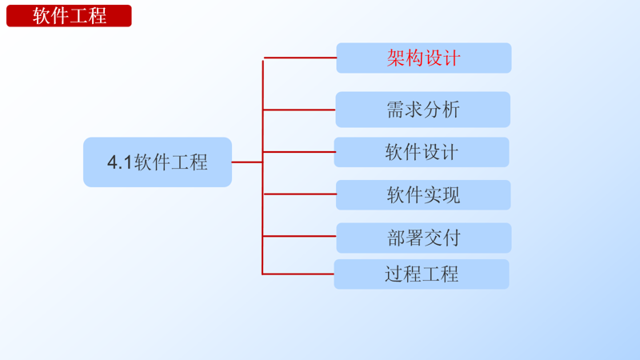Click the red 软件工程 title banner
[69, 15]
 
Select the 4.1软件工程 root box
[158, 162]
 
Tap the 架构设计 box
[423, 58]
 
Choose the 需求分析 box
[422, 110]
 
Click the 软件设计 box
[422, 152]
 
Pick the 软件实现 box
[423, 195]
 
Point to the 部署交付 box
[423, 238]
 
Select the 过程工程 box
[422, 274]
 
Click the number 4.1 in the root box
[120, 163]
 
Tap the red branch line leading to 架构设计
[300, 58]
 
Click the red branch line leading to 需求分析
[299, 110]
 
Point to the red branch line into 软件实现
[299, 194]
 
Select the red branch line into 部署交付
[299, 237]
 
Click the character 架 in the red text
[396, 58]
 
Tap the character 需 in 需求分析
[395, 110]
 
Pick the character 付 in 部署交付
[451, 238]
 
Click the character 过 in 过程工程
[394, 274]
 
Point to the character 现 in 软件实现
[451, 195]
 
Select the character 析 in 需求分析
[450, 110]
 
